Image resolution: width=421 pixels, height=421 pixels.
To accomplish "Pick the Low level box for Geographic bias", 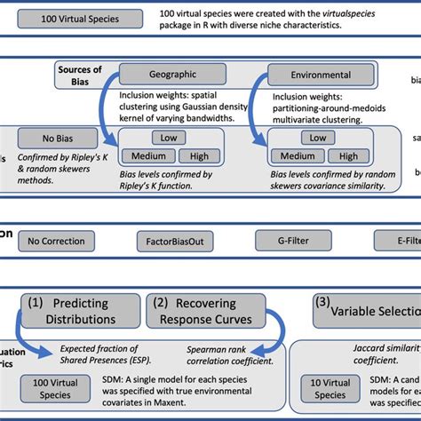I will tap(167, 137).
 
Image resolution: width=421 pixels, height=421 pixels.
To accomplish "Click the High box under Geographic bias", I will tap(198, 155).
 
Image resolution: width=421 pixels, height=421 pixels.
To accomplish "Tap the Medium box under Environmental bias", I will tap(296, 156).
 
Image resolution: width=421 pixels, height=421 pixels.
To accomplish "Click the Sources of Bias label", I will tap(79, 75).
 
